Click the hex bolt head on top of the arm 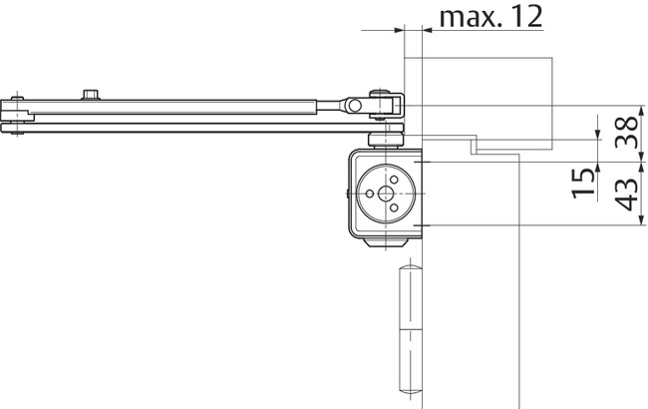coord(92,94)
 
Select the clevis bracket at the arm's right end coord(387,105)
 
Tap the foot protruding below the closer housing coord(386,242)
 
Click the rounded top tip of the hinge coord(408,270)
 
